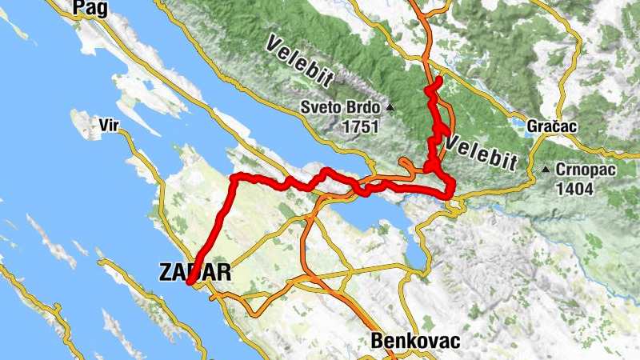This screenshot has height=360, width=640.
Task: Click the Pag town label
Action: [90, 7]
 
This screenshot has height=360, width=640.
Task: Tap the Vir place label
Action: [109, 125]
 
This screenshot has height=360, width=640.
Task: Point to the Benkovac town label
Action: [415, 342]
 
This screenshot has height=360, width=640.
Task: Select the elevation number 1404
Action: [577, 189]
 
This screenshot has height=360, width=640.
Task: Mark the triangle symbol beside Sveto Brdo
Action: [390, 107]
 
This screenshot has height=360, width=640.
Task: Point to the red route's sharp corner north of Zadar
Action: [234, 177]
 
